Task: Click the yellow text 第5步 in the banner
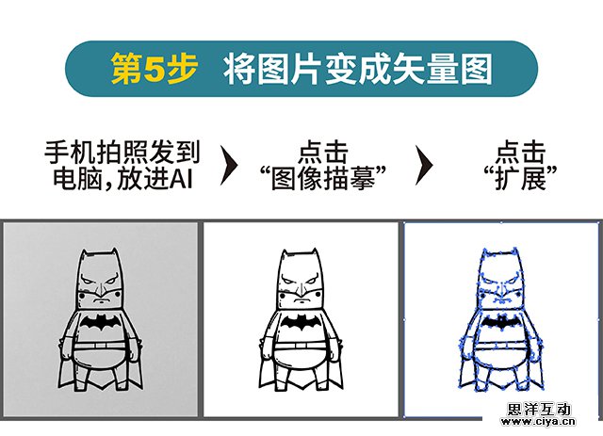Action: coord(155,69)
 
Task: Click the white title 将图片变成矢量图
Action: coord(358,69)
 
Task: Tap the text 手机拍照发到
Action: coord(122,153)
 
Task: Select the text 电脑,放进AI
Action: coord(122,179)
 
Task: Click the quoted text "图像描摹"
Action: coord(322,178)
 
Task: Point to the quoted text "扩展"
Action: coord(520,178)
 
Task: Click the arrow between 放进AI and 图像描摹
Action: coord(229,165)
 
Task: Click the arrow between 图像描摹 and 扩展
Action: coord(424,165)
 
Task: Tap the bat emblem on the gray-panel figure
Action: coord(101,322)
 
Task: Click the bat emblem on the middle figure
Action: coord(301,322)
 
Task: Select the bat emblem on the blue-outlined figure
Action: coord(501,323)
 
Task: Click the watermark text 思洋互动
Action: coord(538,409)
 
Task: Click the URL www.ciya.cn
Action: coord(538,422)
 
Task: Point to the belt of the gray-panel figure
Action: coord(100,346)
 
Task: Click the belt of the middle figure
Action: coord(301,346)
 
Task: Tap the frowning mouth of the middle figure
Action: coord(301,299)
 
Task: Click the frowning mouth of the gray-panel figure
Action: coord(101,299)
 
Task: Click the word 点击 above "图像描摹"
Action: coord(322,153)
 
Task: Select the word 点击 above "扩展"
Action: coord(520,153)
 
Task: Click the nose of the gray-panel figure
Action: coord(101,289)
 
